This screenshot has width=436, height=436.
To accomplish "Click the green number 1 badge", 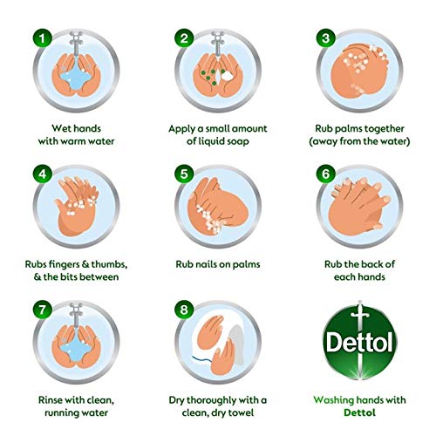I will click(x=38, y=37).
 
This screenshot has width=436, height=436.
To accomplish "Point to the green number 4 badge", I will click(x=38, y=172).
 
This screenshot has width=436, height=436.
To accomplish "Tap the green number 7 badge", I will click(x=38, y=307).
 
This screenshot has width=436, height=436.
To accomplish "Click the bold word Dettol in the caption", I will click(x=362, y=414).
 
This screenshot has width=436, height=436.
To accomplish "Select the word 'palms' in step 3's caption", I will click(x=339, y=129).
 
